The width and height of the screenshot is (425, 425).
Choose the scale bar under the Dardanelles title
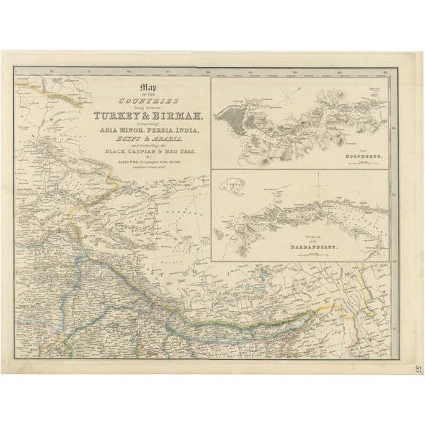[x=318, y=255]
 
